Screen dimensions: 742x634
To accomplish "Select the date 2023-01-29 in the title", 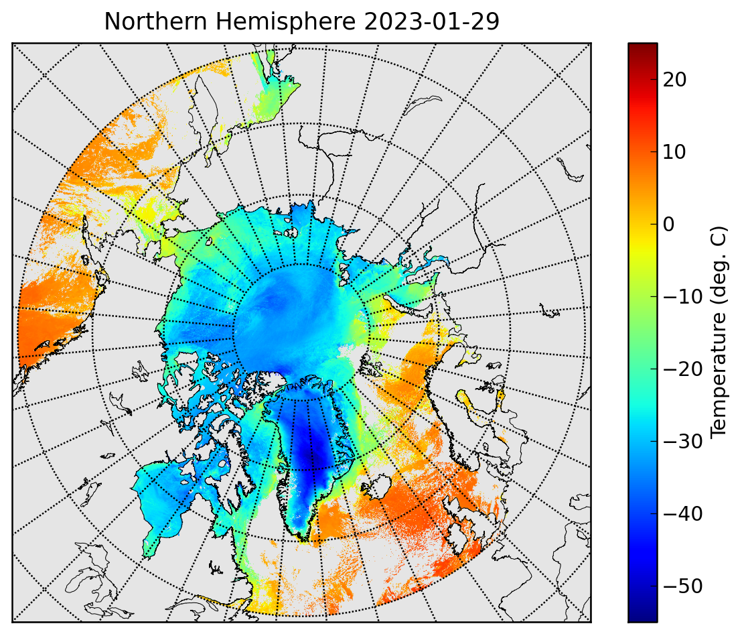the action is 432,21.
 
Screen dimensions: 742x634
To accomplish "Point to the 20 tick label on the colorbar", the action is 675,80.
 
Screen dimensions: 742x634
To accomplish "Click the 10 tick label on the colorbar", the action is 675,152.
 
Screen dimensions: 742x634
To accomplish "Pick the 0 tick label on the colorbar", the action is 668,225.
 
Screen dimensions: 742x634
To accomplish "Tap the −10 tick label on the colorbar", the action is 682,297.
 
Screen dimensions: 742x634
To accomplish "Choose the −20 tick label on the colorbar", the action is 682,369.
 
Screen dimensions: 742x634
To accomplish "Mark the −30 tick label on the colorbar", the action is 682,441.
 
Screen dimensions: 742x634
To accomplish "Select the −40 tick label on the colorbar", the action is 682,514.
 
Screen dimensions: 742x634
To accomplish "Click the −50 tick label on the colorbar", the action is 682,586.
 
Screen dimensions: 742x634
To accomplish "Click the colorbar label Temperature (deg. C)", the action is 718,332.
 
